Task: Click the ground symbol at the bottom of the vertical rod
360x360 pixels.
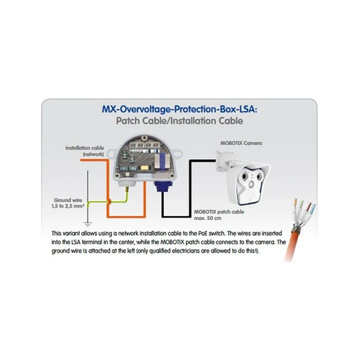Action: tap(87, 224)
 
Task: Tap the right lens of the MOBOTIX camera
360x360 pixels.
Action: tap(259, 177)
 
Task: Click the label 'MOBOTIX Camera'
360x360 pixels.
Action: tap(241, 143)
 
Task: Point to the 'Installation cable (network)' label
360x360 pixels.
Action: tap(84, 151)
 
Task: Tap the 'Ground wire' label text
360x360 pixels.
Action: tap(68, 200)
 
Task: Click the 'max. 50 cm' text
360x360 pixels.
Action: tap(207, 218)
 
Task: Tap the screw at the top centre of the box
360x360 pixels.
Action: tap(144, 138)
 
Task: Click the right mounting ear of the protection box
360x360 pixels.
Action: tap(178, 152)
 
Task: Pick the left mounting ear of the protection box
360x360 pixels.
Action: tap(112, 153)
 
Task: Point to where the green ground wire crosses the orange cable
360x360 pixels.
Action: tap(109, 202)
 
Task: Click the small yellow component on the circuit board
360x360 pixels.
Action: tap(144, 167)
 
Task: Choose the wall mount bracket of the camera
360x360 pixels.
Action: tap(226, 160)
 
